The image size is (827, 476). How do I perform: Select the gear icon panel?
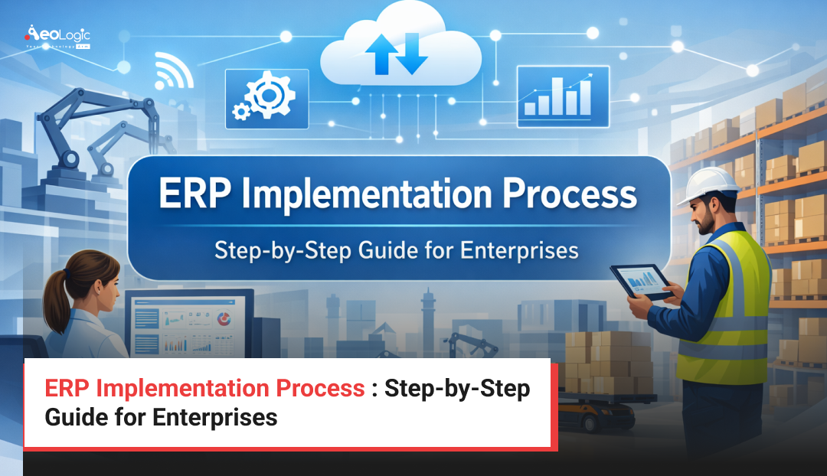click(266, 98)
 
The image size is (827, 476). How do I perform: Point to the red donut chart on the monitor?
click(224, 319)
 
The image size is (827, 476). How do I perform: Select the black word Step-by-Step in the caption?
click(457, 389)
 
